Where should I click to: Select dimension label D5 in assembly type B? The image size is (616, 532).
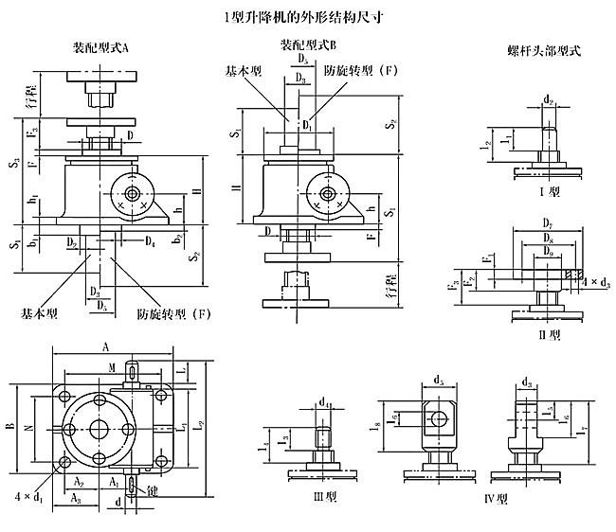tap(300, 60)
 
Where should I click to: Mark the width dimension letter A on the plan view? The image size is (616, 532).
tap(103, 346)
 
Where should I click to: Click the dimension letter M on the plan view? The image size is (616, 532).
tap(113, 366)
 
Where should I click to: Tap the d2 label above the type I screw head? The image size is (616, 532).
tap(548, 98)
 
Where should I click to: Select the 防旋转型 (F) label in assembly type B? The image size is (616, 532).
tap(359, 72)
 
